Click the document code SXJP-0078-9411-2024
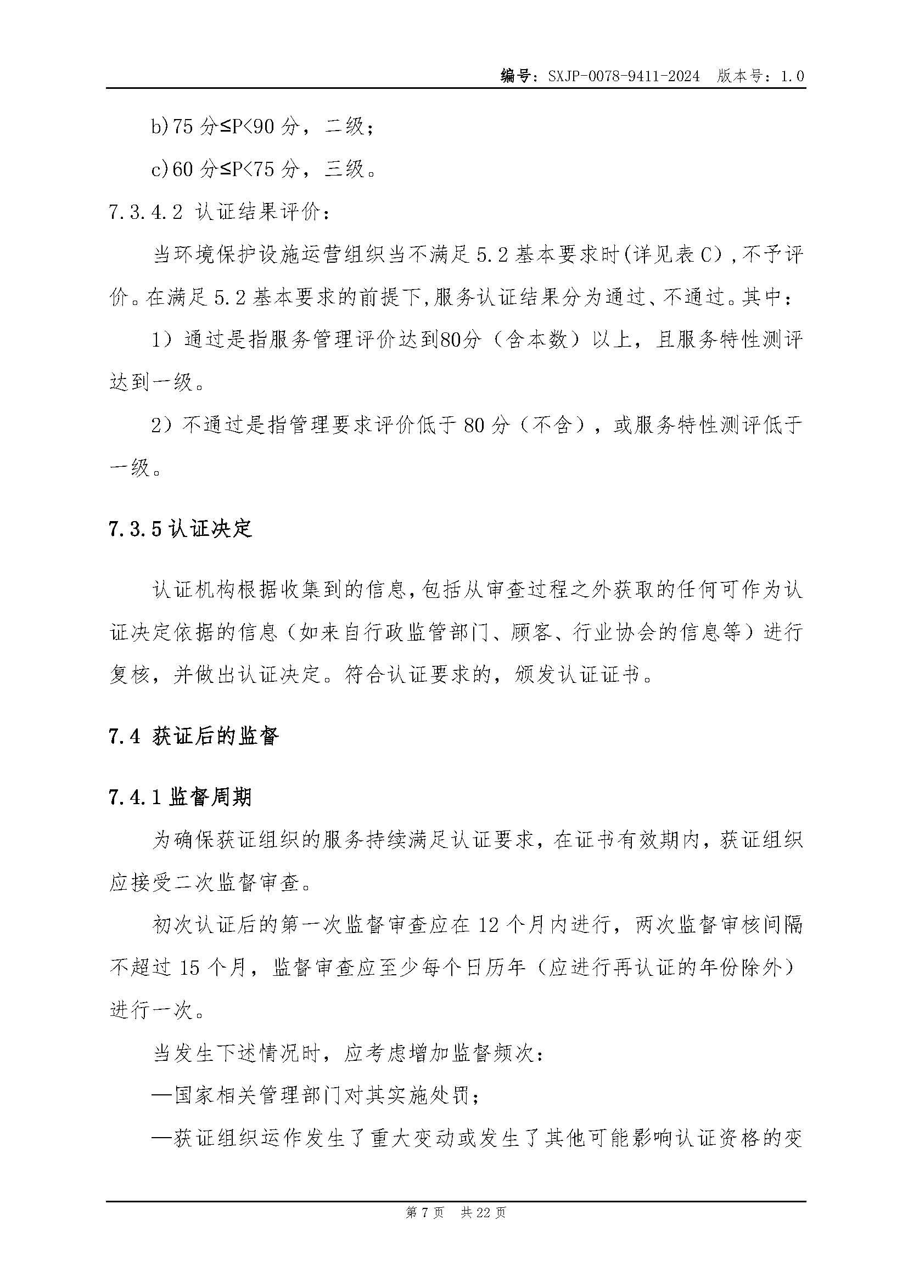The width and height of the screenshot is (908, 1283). pyautogui.click(x=624, y=76)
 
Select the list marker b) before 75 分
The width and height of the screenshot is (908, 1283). pyautogui.click(x=160, y=127)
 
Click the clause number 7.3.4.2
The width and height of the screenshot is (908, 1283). pyautogui.click(x=146, y=212)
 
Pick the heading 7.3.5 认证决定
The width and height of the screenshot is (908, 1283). pyautogui.click(x=181, y=528)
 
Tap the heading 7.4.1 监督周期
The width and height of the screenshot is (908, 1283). pyautogui.click(x=181, y=797)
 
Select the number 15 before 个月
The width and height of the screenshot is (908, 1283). pyautogui.click(x=189, y=967)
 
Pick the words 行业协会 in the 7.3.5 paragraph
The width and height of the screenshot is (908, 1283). pyautogui.click(x=614, y=632)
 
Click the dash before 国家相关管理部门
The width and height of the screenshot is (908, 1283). pyautogui.click(x=162, y=1096)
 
